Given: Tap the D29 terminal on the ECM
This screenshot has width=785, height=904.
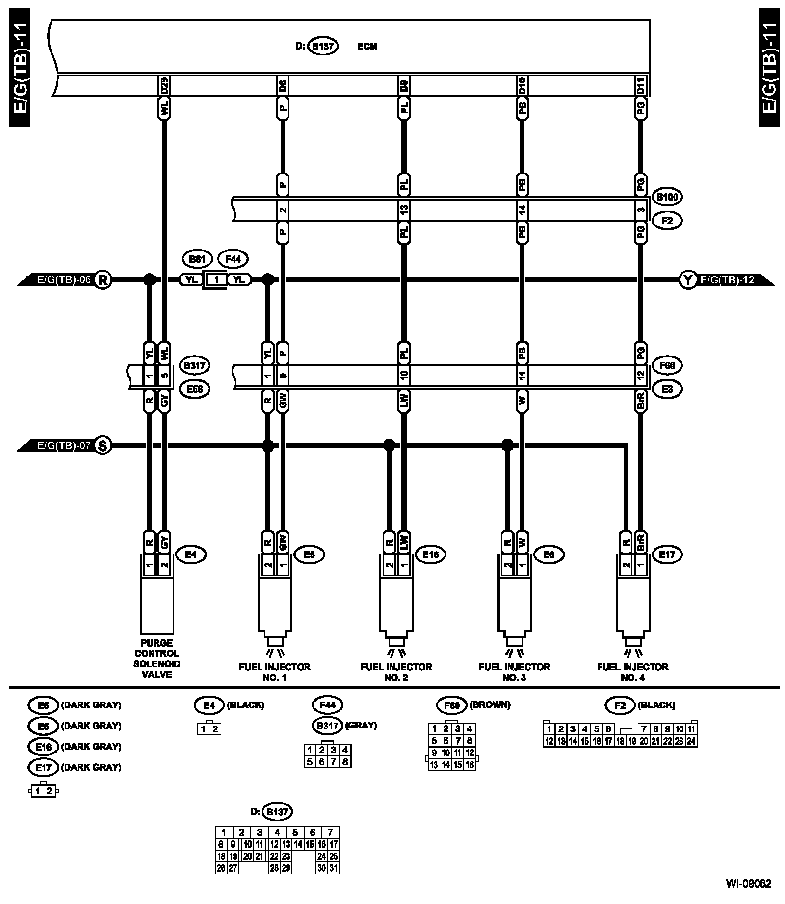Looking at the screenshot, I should click(x=164, y=86).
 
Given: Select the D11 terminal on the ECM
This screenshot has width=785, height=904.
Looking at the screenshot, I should click(x=640, y=86).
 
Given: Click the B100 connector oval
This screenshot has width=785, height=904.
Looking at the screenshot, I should click(x=667, y=197).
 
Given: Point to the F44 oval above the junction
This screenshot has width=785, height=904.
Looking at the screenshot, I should click(x=233, y=259).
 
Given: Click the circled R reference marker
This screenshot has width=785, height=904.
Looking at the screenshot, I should click(x=103, y=280).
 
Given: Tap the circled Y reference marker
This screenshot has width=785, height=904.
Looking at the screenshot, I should click(x=688, y=280).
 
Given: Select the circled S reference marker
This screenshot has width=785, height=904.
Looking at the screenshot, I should click(x=103, y=446).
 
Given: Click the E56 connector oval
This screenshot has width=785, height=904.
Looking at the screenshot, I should click(x=194, y=389).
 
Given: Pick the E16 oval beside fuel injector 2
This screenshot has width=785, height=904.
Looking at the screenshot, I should click(x=430, y=555).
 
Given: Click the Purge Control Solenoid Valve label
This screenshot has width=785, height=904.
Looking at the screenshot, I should click(x=157, y=658).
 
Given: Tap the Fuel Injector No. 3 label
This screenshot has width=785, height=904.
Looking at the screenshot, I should click(x=514, y=672).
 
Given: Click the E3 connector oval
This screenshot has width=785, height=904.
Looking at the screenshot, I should click(x=667, y=389).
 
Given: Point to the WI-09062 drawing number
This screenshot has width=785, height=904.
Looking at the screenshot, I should click(x=748, y=884).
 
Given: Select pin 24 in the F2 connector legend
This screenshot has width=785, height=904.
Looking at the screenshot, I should click(x=691, y=741).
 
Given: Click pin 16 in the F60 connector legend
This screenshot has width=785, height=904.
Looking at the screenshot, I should click(x=470, y=764).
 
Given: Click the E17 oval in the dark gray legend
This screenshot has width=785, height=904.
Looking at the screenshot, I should click(x=43, y=767).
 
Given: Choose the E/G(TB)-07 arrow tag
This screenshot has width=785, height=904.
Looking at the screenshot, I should click(x=59, y=446).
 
